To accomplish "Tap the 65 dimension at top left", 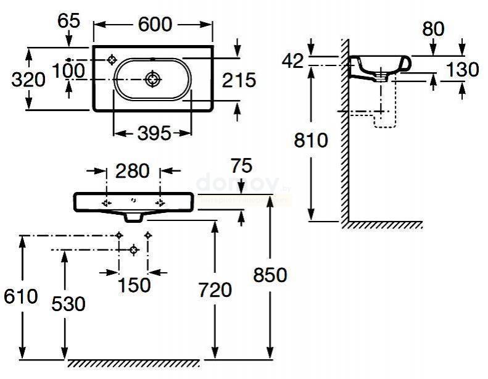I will click(x=69, y=21).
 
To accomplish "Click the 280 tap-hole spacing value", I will click(x=133, y=170).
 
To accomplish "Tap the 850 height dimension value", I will click(x=270, y=275).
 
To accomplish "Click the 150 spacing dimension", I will click(x=133, y=285).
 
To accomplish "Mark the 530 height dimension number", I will click(x=67, y=304).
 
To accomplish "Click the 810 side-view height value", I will click(x=312, y=141).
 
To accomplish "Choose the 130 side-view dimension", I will click(x=463, y=70).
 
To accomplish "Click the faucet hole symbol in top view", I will click(x=112, y=60).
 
